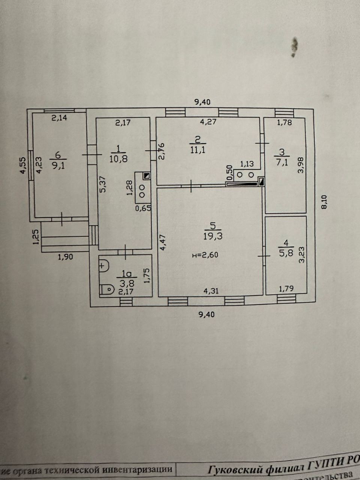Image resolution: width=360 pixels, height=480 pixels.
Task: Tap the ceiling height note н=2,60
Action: (205, 255)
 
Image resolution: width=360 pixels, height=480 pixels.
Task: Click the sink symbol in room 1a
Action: (103, 265)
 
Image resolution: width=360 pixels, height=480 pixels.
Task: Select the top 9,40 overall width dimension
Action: (202, 102)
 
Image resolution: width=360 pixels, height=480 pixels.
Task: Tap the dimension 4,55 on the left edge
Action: (22, 165)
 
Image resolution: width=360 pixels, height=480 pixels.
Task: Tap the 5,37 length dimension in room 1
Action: (103, 184)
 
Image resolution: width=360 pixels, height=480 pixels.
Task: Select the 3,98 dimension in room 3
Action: (300, 164)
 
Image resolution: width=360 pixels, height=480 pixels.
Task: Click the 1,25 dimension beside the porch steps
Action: (36, 237)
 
